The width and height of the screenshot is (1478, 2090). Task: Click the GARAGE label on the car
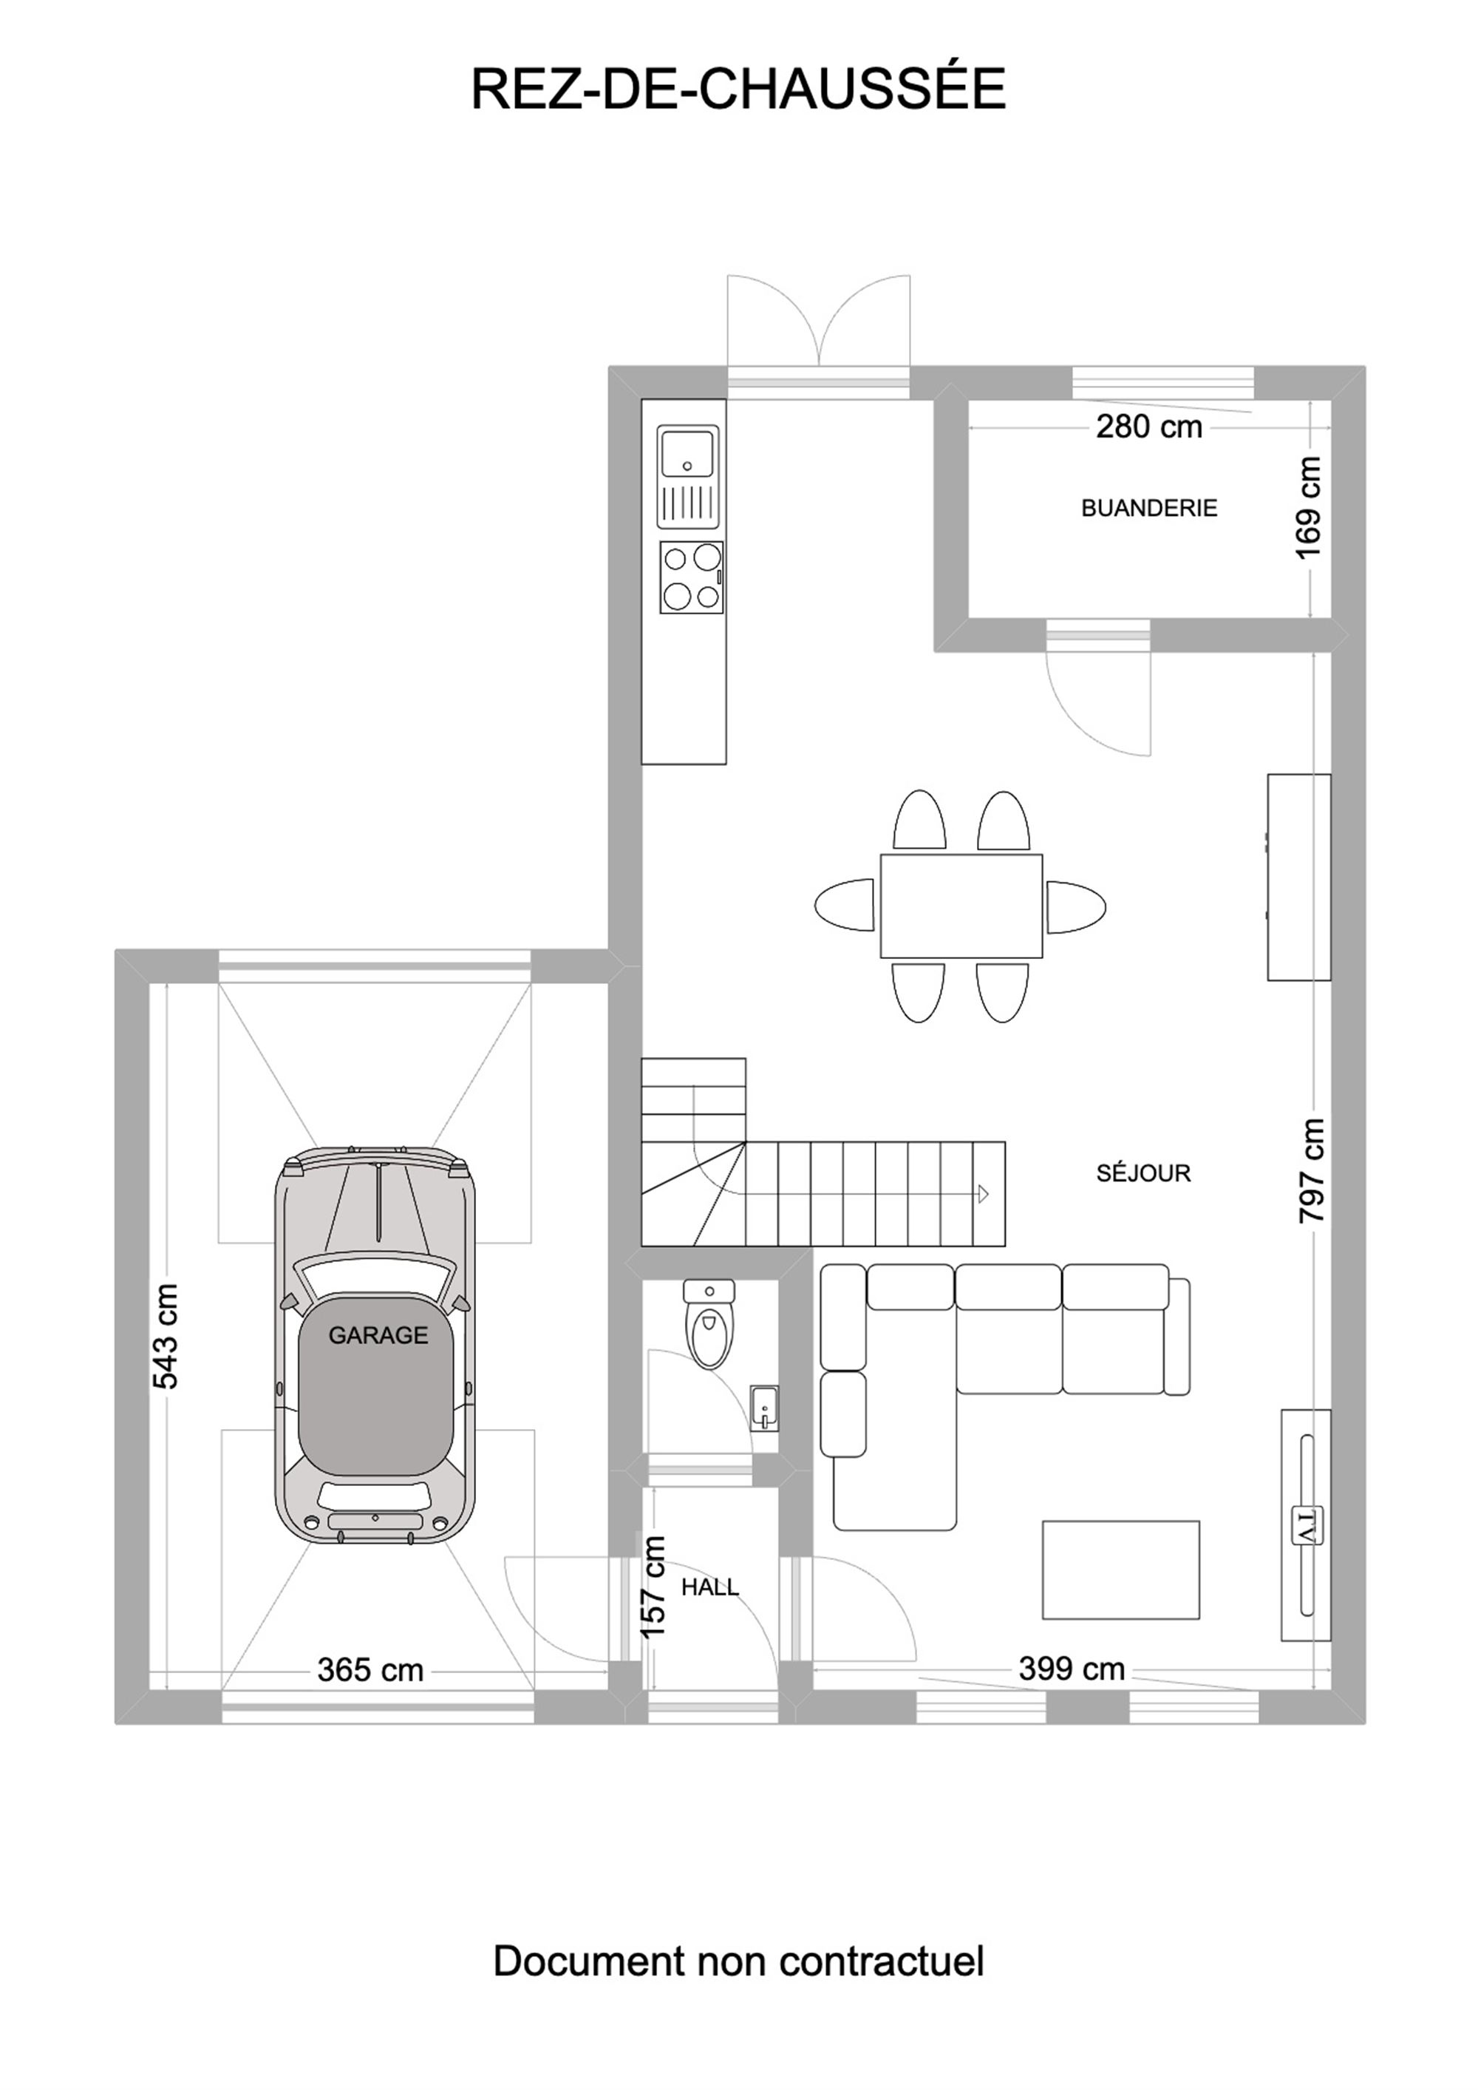tap(378, 1335)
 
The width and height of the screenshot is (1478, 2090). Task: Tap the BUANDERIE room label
tap(1148, 508)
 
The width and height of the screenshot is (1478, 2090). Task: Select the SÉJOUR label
tap(1143, 1173)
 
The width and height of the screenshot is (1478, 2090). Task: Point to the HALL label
tap(710, 1589)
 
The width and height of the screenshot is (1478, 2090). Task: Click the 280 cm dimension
tap(1148, 426)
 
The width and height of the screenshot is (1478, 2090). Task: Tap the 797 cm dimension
tap(1312, 1170)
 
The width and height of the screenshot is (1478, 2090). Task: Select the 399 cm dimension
tap(1072, 1669)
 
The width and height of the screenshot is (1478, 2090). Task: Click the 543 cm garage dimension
tap(166, 1337)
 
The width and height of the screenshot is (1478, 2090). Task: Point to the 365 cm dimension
tap(370, 1670)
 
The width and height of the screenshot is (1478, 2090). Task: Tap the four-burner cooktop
tap(692, 577)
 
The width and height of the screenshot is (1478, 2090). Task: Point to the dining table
tap(961, 906)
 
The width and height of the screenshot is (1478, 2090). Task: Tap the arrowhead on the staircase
tap(983, 1193)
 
